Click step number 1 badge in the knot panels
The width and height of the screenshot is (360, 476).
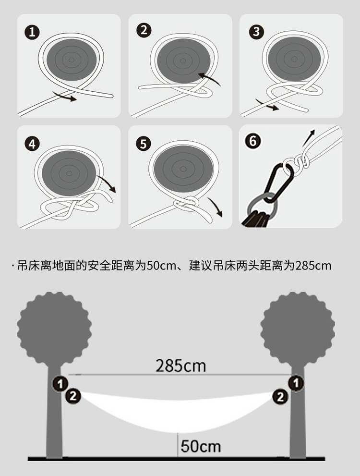tap(32, 32)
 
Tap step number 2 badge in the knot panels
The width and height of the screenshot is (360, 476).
tap(144, 30)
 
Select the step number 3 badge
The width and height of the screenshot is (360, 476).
tap(256, 32)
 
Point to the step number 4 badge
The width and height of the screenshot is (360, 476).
tap(32, 144)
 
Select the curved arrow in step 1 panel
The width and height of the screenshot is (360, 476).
tap(64, 96)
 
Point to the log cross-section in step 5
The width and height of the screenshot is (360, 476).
tap(183, 168)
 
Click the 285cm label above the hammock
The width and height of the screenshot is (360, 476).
tap(181, 366)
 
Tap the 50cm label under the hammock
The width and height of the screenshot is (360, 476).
tap(201, 446)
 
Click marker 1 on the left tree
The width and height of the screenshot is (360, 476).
tap(60, 384)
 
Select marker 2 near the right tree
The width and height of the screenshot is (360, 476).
tap(280, 396)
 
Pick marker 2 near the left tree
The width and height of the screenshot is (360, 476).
tap(73, 396)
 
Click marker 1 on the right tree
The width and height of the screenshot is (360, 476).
tap(296, 383)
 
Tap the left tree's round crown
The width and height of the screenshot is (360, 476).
tap(54, 329)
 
